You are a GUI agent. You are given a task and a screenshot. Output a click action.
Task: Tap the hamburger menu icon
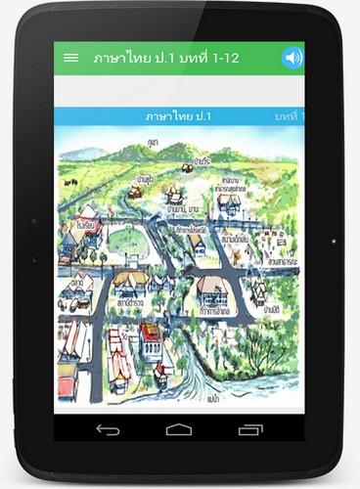(70, 58)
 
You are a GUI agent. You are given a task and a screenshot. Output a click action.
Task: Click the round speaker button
(292, 58)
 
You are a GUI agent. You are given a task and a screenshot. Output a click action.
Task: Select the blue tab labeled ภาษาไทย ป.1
(178, 116)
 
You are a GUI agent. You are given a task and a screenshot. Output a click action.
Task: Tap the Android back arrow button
(108, 429)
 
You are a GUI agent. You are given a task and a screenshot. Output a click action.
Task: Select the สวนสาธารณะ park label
(281, 263)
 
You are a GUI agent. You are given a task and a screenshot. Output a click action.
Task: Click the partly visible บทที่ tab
(285, 116)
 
